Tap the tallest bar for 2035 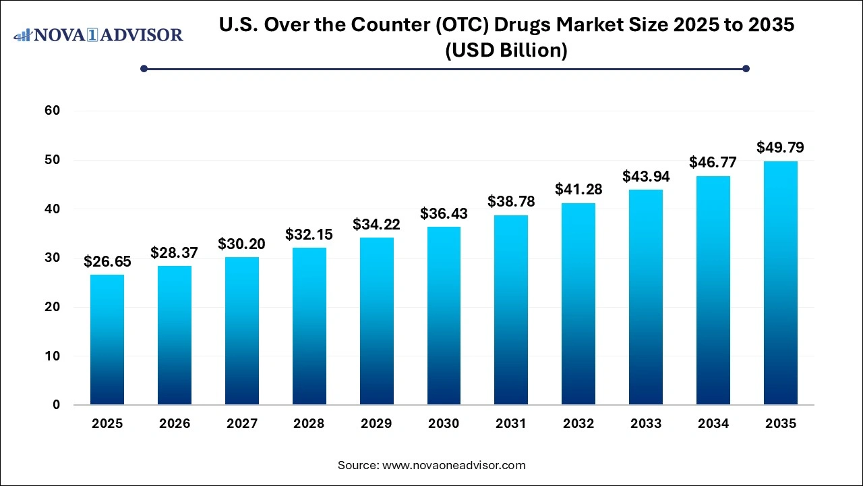pos(780,283)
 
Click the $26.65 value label pos(107,262)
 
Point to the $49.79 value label pos(780,147)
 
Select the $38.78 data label pos(511,202)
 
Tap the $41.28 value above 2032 pos(578,190)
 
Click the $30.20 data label pos(242,244)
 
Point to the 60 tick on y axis pos(53,111)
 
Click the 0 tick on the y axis pos(57,405)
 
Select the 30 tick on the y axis pos(53,258)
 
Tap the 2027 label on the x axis pos(242,424)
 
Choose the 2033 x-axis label pos(646,424)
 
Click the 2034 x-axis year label pos(713,424)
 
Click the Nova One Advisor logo pos(98,34)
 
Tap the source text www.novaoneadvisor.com pos(453,465)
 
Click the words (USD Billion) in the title pos(506,50)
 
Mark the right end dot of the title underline pos(746,68)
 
